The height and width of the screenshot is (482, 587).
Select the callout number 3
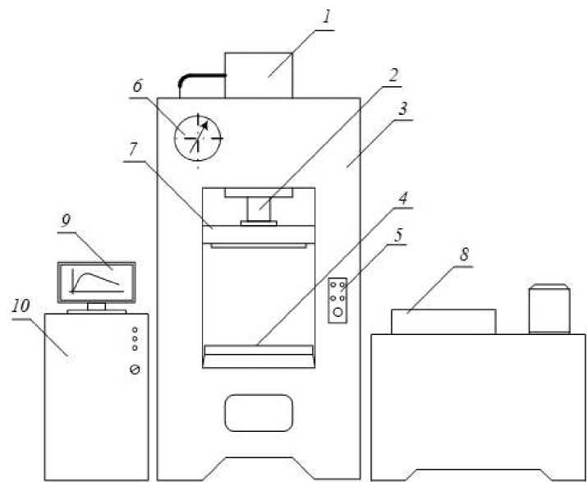pos(404,107)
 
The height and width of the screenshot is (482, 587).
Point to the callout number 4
pos(404,199)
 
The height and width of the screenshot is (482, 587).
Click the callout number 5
pos(399,234)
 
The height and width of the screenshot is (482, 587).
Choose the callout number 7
pos(134,149)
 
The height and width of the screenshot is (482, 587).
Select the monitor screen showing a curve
pos(96,282)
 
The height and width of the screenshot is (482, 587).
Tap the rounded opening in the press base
pos(259,412)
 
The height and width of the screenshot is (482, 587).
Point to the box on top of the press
pos(259,75)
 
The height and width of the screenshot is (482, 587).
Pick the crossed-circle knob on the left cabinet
pos(135,370)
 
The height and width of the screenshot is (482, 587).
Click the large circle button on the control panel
pos(337,312)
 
